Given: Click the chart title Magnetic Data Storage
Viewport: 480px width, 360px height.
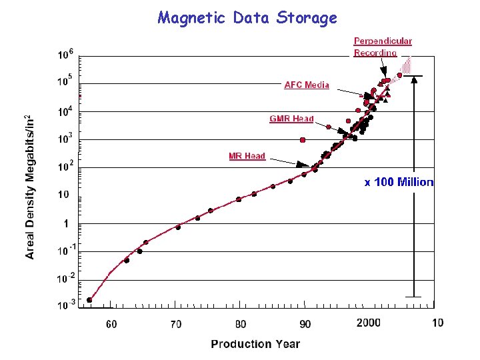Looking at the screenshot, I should point(247,18).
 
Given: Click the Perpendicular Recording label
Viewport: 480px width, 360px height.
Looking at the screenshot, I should point(383,47).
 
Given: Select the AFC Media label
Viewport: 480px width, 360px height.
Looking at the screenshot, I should point(307,85).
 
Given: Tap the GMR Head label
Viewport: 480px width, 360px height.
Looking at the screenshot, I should point(291,119).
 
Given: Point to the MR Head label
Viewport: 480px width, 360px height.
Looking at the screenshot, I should point(247,156).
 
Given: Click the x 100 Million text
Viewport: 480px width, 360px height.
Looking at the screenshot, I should point(399,182).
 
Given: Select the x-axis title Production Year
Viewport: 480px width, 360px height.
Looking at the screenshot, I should point(255,344).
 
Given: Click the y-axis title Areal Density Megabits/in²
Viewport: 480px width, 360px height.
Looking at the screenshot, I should point(31,186).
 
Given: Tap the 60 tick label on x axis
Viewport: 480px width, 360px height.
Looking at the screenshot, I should point(111,324).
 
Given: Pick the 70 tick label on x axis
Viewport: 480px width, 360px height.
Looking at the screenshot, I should point(175,324).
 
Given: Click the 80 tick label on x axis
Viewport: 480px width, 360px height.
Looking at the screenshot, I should point(240,324).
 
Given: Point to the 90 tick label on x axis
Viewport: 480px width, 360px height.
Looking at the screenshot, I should point(305,324).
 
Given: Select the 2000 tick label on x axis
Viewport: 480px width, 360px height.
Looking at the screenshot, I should point(369,323).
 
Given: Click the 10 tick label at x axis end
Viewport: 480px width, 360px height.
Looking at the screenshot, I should point(437,323).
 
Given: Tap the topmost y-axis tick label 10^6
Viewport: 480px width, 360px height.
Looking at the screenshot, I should point(65,55).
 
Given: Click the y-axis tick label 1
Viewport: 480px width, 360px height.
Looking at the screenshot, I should point(66,223).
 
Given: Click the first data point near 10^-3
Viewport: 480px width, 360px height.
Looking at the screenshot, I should point(89,300).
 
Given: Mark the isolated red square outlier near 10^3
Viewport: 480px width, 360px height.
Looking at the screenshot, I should point(303,140).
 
